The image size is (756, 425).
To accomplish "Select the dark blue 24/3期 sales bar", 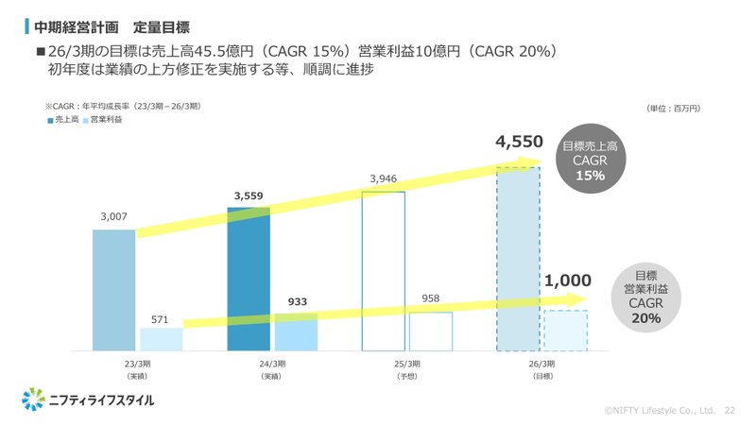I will (x=249, y=283).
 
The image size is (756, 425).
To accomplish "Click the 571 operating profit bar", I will (x=161, y=339).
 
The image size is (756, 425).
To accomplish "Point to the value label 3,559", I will (x=249, y=197).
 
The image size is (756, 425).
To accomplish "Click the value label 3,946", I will (x=384, y=178).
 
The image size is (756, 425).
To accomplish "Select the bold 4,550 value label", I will (x=519, y=143).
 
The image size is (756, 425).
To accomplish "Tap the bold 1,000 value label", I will (x=567, y=280).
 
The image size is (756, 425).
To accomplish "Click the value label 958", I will (x=431, y=298).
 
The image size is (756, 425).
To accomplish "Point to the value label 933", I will (x=297, y=301).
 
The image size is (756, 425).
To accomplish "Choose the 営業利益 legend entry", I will (x=106, y=121).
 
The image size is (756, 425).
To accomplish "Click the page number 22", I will (x=729, y=411).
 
